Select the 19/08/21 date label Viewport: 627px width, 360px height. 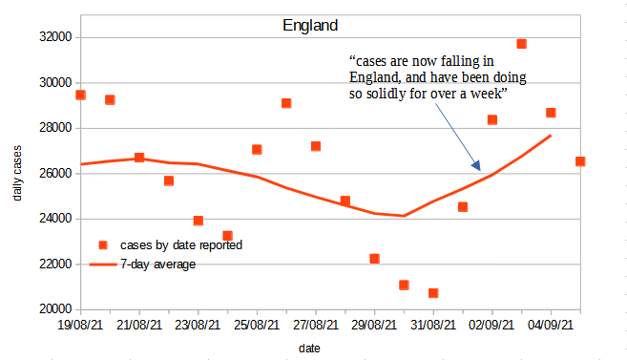pos(81,327)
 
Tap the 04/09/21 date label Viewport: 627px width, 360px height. pos(551,327)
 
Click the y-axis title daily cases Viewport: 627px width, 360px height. pos(19,174)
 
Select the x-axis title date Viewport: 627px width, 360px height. pos(309,349)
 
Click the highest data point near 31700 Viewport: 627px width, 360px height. pos(522,44)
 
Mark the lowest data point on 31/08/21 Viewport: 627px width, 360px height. pos(433,293)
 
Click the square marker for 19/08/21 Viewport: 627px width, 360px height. pos(81,95)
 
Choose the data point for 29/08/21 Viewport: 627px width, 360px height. pos(375,259)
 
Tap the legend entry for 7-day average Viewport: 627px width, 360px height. pos(157,264)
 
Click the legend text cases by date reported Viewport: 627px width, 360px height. pos(180,244)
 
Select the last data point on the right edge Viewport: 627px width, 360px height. pos(579,161)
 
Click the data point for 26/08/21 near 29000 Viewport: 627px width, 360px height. pos(286,103)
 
